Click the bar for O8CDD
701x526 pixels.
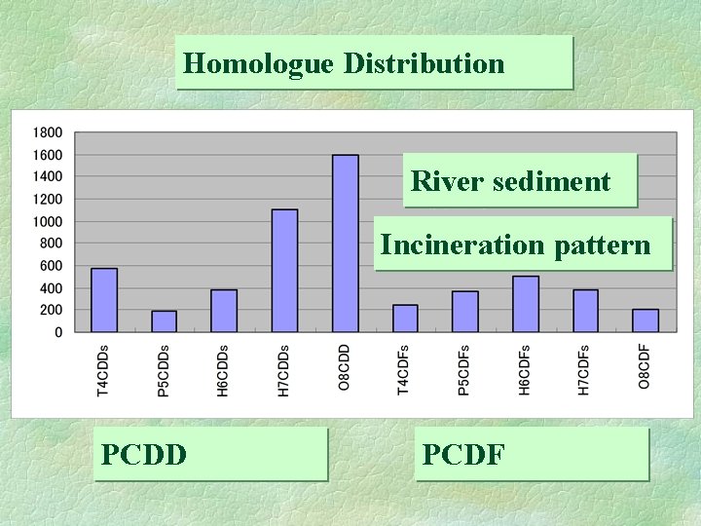(346, 244)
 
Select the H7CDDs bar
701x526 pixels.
(285, 271)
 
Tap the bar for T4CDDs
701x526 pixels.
(104, 300)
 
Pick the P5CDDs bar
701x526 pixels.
(165, 321)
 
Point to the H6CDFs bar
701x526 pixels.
(526, 304)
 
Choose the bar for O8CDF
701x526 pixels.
(646, 320)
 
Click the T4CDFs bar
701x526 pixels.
(405, 319)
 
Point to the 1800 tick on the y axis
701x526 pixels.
(47, 132)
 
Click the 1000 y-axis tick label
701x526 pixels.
(47, 221)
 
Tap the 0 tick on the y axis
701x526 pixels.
(57, 332)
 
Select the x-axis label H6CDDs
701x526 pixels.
(223, 370)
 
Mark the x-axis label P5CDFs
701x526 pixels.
(465, 370)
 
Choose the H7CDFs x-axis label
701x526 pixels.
(585, 370)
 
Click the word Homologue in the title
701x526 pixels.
(244, 64)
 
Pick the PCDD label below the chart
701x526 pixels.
(145, 454)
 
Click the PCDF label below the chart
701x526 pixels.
(463, 454)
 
